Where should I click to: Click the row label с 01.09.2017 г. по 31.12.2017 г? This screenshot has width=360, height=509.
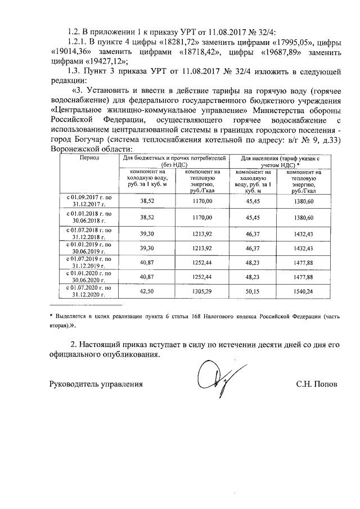tap(89, 201)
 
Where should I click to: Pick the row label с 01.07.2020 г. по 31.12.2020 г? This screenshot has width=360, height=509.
tap(89, 291)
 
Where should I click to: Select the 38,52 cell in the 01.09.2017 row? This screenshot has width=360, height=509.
tap(147, 201)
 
